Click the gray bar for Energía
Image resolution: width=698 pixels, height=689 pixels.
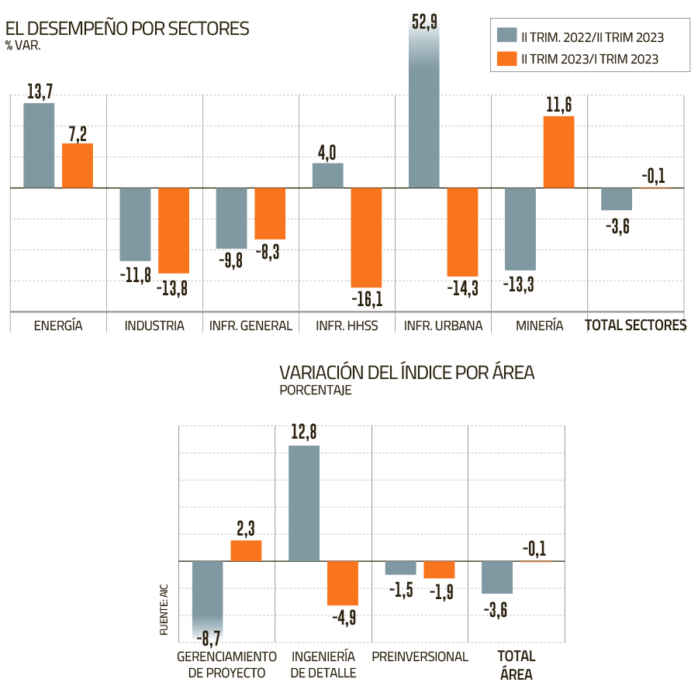tap(39, 146)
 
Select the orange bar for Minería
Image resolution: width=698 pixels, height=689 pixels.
tap(558, 152)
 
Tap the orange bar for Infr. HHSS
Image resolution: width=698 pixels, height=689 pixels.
tap(366, 238)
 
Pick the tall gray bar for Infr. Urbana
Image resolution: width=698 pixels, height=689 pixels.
tap(423, 109)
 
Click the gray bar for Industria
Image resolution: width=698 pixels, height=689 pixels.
tap(135, 225)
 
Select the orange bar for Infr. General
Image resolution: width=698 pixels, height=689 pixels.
tap(270, 214)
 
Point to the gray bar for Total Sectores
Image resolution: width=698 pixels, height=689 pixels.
tap(617, 199)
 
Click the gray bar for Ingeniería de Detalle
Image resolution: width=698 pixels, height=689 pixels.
tap(304, 503)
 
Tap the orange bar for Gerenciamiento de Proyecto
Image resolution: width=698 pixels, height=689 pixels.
tap(246, 550)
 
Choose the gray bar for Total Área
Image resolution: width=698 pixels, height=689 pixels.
tap(497, 577)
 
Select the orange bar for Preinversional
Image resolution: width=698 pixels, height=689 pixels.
tap(438, 570)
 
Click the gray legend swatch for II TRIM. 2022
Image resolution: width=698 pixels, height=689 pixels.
tap(506, 36)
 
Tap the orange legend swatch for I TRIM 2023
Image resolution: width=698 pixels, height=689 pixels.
tap(506, 58)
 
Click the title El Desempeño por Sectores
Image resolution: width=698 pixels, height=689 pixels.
tap(127, 29)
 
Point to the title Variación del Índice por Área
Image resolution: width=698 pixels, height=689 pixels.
tap(406, 373)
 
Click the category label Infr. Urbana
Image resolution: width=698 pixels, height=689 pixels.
tap(443, 326)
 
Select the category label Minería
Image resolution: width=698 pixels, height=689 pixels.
tap(540, 326)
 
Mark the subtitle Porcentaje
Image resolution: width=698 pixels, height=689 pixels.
tap(316, 391)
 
